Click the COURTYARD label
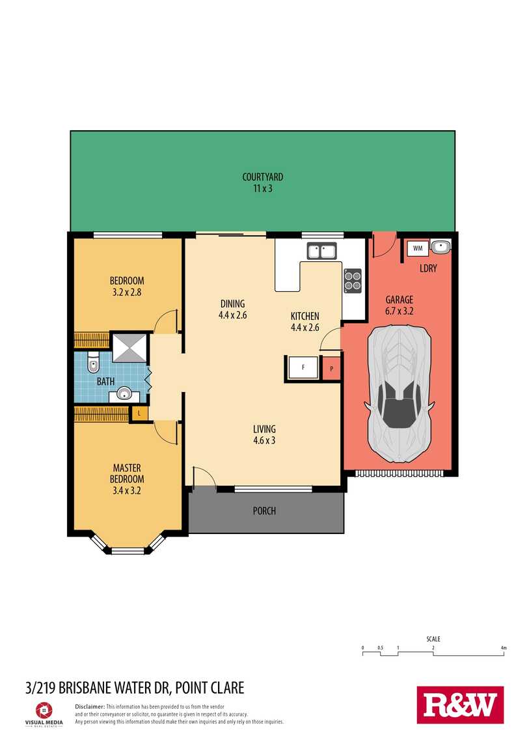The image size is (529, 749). click(263, 177)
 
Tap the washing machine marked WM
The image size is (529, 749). click(418, 248)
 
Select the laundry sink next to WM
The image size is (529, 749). click(440, 246)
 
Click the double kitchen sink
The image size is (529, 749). click(322, 251)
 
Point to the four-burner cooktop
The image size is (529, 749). click(353, 281)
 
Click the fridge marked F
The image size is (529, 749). click(303, 368)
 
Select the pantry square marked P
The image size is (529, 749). click(331, 369)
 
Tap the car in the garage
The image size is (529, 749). click(400, 394)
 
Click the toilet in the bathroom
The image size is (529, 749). click(93, 363)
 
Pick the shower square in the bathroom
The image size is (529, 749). click(129, 347)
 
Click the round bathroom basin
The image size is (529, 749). click(124, 395)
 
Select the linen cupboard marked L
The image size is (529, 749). click(139, 413)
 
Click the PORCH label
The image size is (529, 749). click(264, 511)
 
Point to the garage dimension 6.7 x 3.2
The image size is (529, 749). click(400, 311)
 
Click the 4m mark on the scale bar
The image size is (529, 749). click(504, 648)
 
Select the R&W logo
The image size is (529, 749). click(460, 705)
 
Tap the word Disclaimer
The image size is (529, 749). click(90, 707)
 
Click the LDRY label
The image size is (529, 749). click(428, 268)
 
